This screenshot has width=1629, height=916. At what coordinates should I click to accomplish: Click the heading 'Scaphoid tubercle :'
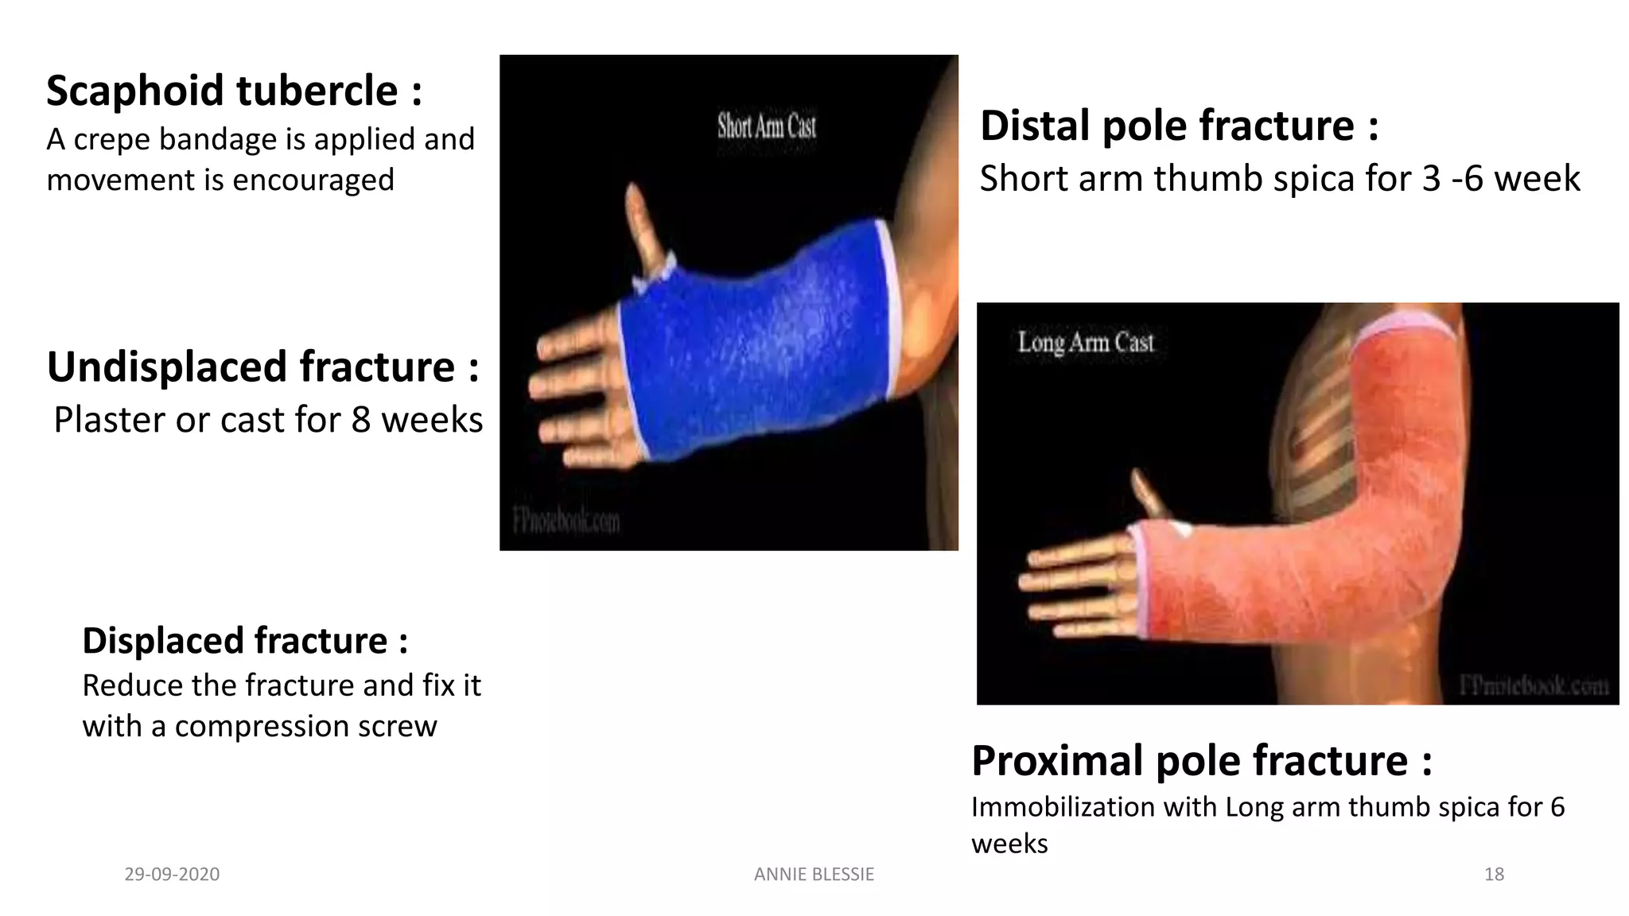click(x=234, y=91)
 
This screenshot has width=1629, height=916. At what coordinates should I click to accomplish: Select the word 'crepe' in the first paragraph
click(x=112, y=140)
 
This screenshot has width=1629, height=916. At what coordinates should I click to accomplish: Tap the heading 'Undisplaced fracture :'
click(x=262, y=367)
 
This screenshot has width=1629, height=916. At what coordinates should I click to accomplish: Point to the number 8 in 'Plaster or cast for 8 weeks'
click(x=361, y=420)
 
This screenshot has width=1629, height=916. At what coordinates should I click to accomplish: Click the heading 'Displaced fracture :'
click(x=245, y=641)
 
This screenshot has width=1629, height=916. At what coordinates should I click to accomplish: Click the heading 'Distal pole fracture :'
click(x=1179, y=126)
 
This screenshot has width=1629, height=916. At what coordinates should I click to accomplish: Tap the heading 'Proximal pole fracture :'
click(x=1201, y=761)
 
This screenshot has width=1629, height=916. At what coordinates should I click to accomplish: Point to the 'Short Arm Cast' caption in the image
click(x=766, y=126)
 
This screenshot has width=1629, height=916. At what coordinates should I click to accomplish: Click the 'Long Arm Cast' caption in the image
click(x=1085, y=343)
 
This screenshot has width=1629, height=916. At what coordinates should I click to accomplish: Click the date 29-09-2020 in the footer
click(x=172, y=875)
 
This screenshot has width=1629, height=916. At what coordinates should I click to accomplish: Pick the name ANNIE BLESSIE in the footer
click(x=814, y=875)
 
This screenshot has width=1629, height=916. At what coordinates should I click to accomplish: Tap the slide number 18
click(x=1494, y=875)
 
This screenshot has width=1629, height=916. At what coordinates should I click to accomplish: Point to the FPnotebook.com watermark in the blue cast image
click(x=566, y=522)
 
